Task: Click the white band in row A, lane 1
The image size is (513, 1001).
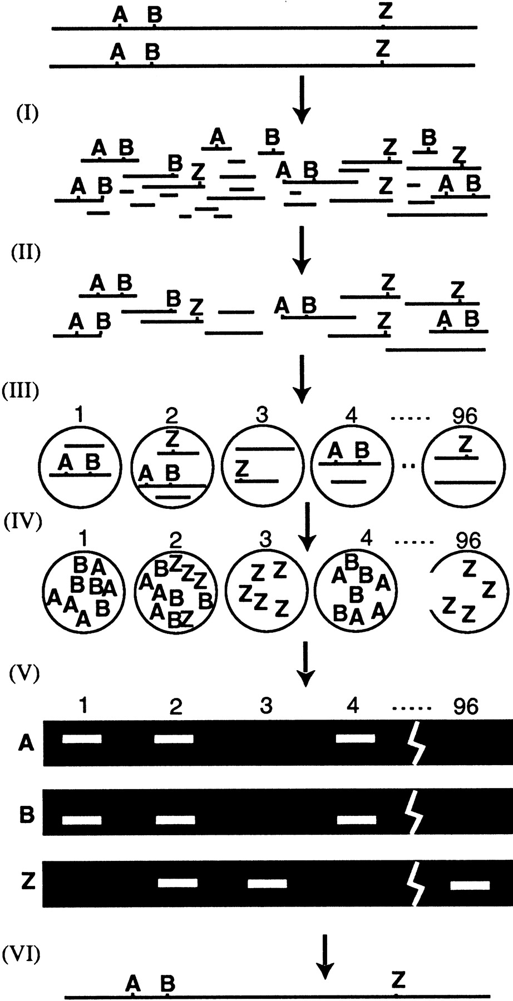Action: coord(82,739)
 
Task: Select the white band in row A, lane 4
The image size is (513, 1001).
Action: coord(356,739)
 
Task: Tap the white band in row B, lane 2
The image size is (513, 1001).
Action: coord(175,820)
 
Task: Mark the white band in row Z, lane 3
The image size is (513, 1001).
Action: coord(267,883)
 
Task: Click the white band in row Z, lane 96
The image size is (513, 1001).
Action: coord(470,885)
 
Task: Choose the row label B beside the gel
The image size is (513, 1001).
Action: coord(27,815)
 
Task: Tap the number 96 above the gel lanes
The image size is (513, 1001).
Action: coord(466,706)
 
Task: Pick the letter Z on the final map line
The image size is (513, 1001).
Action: coord(397,978)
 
